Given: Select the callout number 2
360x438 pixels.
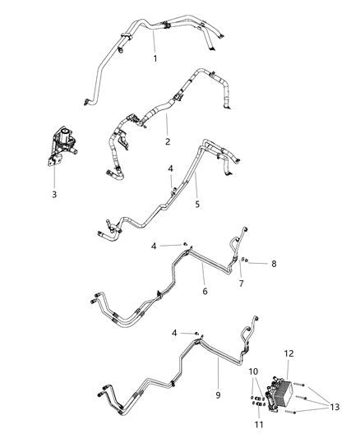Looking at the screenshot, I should [x=167, y=141].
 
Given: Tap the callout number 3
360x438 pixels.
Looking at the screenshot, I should [x=54, y=195].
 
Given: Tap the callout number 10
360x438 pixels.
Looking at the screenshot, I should [x=254, y=372].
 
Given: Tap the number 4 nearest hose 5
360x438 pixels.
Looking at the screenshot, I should [x=169, y=169].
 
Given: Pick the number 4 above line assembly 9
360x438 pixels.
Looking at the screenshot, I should [x=173, y=332].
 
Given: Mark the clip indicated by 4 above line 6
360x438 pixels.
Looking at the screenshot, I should [x=186, y=244].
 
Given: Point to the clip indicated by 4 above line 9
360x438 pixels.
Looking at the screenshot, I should [x=196, y=333].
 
